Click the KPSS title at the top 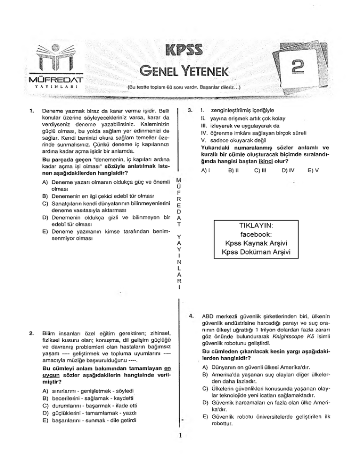180,48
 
